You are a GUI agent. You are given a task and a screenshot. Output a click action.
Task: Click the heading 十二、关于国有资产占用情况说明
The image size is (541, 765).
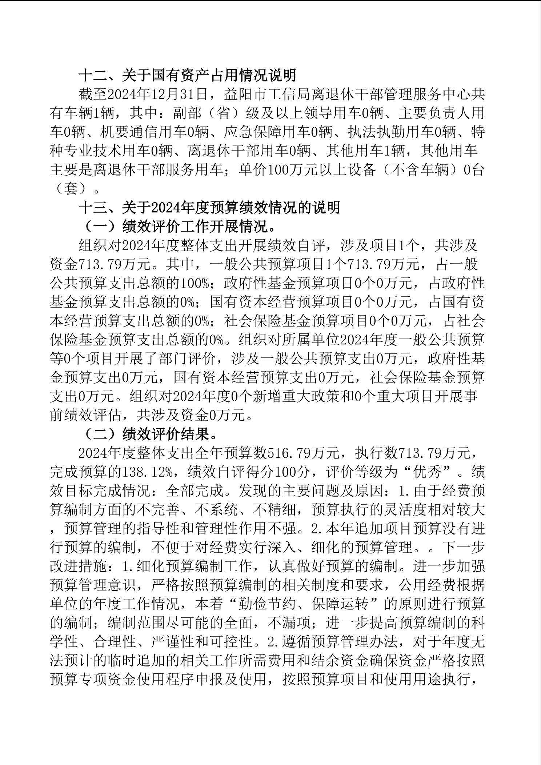tap(188, 75)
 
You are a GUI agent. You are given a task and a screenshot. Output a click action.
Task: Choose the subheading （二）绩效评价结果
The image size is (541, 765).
tap(151, 433)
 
